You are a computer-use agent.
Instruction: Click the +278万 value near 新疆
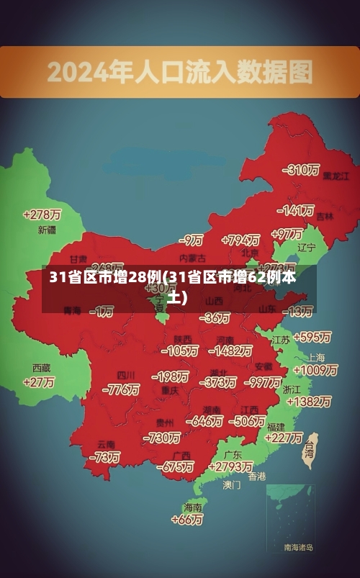pos(42,215)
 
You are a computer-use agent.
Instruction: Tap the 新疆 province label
pos(47,230)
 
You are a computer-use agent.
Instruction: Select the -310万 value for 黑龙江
pos(302,170)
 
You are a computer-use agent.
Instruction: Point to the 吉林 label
pos(325,216)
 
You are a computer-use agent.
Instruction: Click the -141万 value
pos(297,210)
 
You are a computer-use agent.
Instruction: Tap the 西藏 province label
pos(41,368)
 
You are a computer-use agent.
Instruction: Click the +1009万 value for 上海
pos(315,370)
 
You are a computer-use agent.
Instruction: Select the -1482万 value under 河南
pos(230,351)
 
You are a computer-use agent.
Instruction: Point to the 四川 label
pos(126,375)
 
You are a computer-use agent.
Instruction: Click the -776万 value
pos(121,389)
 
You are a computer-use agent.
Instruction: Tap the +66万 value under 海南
pos(187,519)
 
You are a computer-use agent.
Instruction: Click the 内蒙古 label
pos(192,257)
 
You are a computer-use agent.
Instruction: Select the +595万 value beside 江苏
pos(312,337)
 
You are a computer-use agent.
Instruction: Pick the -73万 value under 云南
pos(105,457)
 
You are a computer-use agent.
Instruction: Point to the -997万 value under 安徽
pos(262,381)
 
